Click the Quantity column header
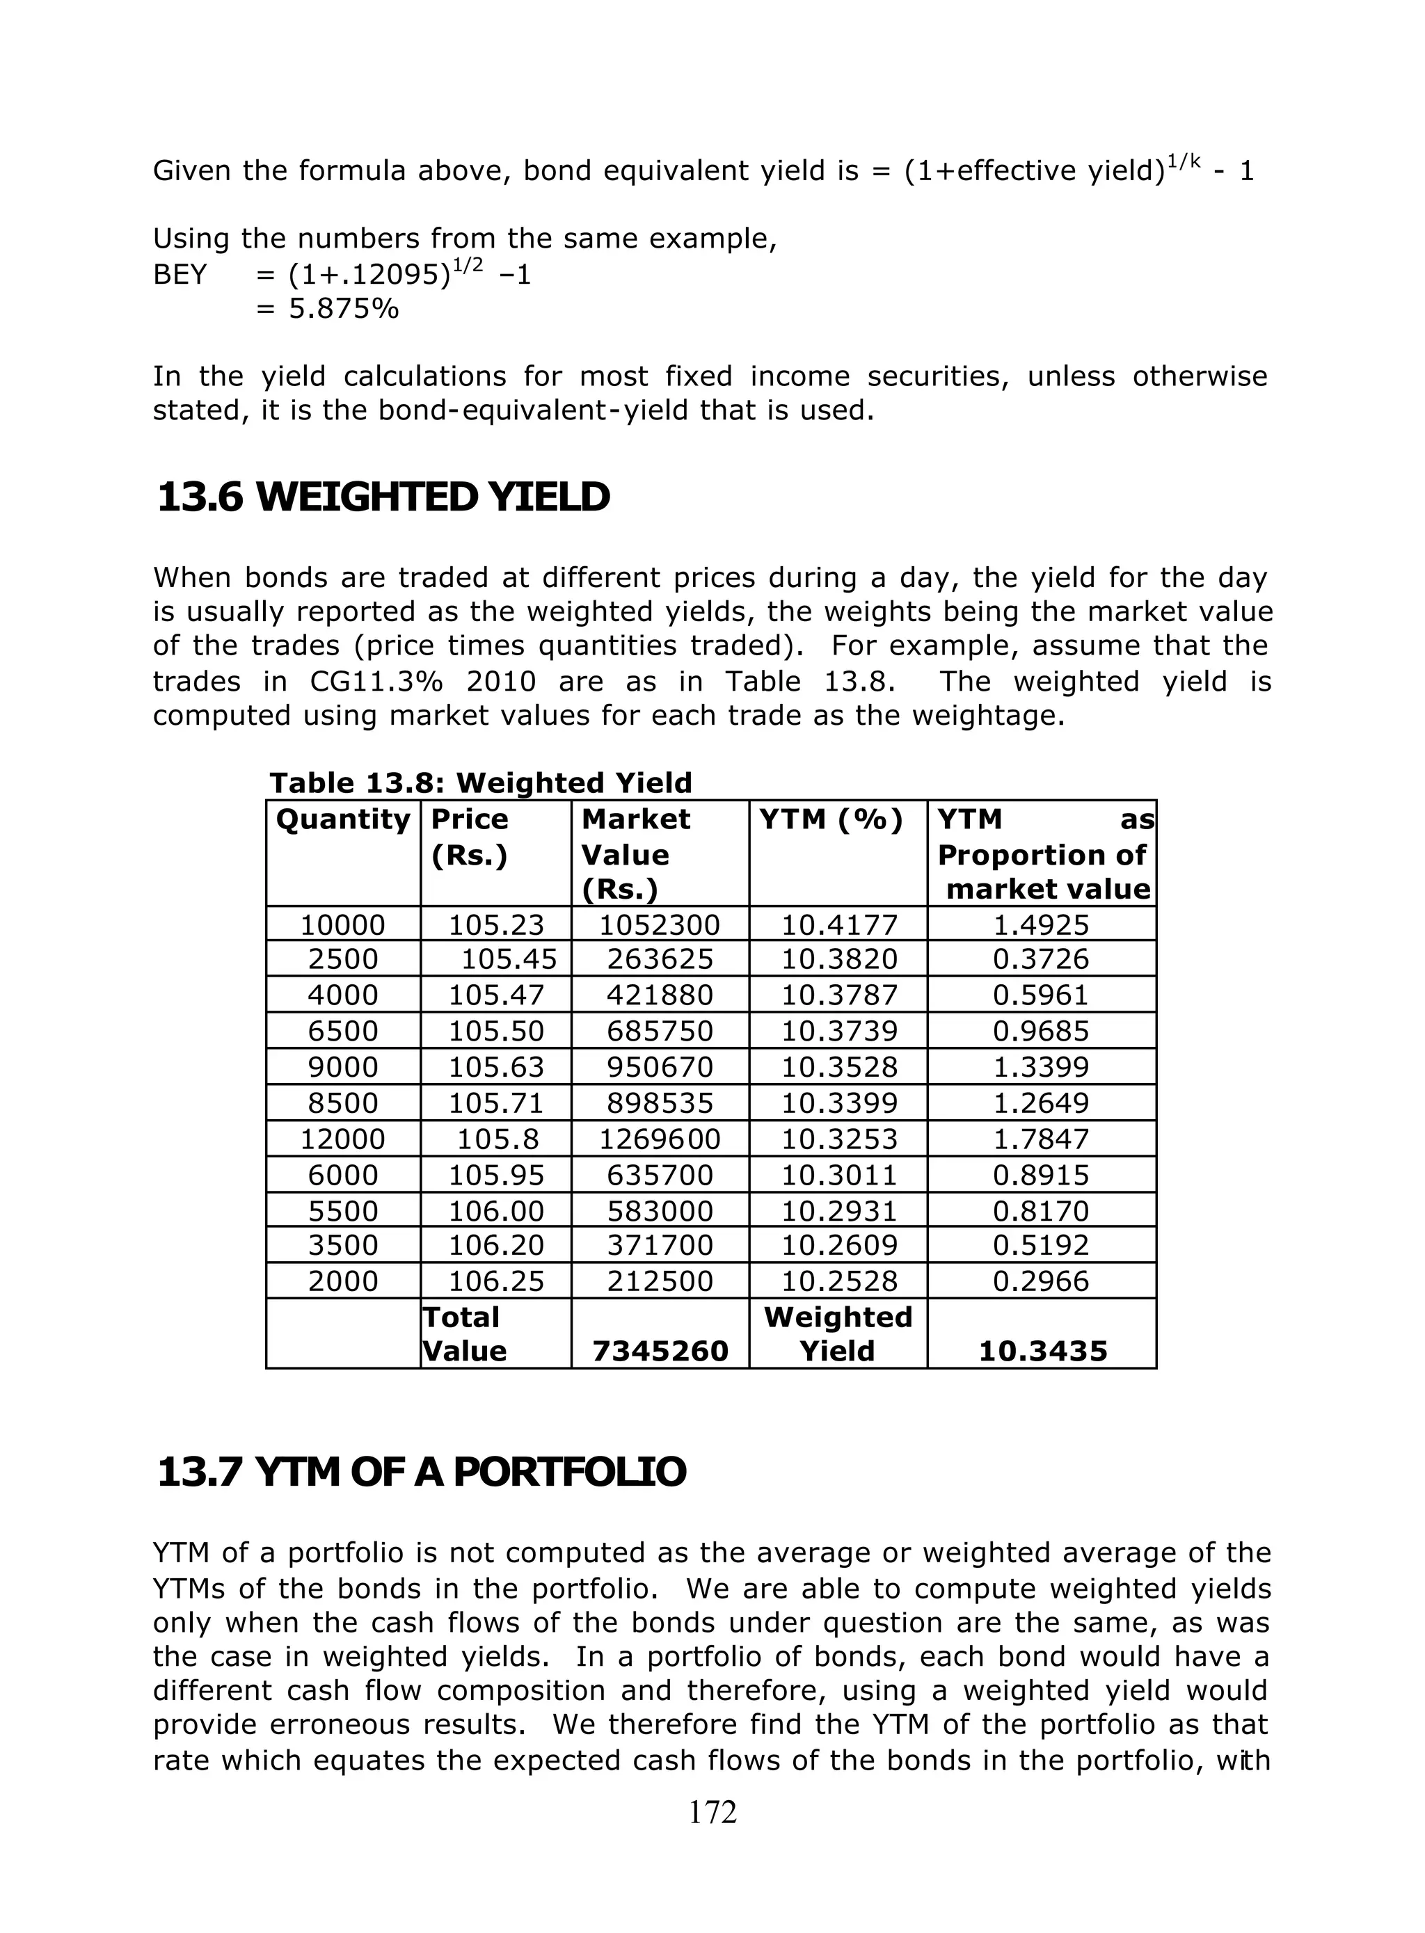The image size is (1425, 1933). click(x=342, y=819)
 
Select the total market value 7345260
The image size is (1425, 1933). click(x=660, y=1351)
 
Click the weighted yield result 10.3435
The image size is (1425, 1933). click(x=1042, y=1351)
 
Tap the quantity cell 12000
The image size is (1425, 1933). click(x=342, y=1139)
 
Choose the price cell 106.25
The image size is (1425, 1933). click(x=496, y=1281)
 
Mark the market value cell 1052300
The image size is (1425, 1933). click(x=659, y=925)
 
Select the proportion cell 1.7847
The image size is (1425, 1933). click(x=1041, y=1139)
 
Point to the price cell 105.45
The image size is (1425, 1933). click(x=509, y=959)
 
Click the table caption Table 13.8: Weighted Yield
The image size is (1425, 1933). click(x=481, y=783)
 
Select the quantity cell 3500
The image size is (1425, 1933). click(x=342, y=1245)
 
